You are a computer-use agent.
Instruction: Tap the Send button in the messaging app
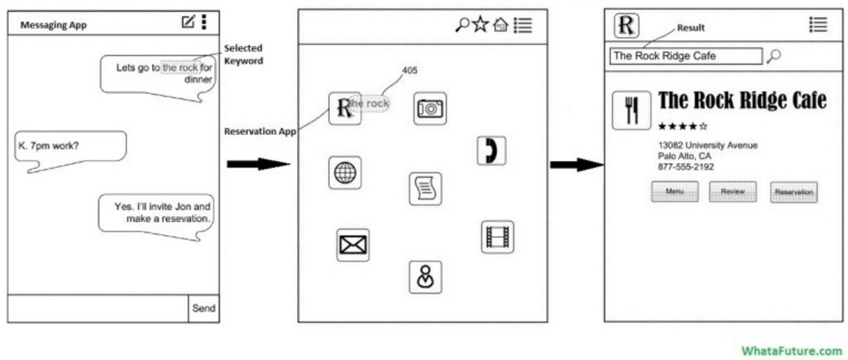coord(204,308)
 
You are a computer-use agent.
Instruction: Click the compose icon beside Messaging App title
coord(188,22)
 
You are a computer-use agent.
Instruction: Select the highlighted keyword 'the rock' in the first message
coord(180,67)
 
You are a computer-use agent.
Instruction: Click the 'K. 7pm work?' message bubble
coord(69,146)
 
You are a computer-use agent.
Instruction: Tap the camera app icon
coord(430,108)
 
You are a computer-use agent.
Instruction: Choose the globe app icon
coord(345,173)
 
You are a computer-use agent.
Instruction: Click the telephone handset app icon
coord(491,150)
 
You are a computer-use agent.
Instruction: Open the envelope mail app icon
coord(353,245)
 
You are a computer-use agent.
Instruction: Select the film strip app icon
coord(497,237)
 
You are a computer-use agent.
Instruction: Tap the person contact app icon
coord(425,277)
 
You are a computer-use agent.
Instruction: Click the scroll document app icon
coord(426,189)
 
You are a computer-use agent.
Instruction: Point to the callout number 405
coord(410,71)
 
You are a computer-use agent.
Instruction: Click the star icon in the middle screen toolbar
coord(480,24)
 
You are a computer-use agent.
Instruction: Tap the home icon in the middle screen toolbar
coord(500,25)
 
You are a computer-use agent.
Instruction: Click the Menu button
coord(675,192)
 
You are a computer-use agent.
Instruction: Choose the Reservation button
coord(793,193)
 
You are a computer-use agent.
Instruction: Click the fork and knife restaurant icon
coord(631,111)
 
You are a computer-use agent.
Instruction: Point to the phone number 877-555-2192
coord(686,167)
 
